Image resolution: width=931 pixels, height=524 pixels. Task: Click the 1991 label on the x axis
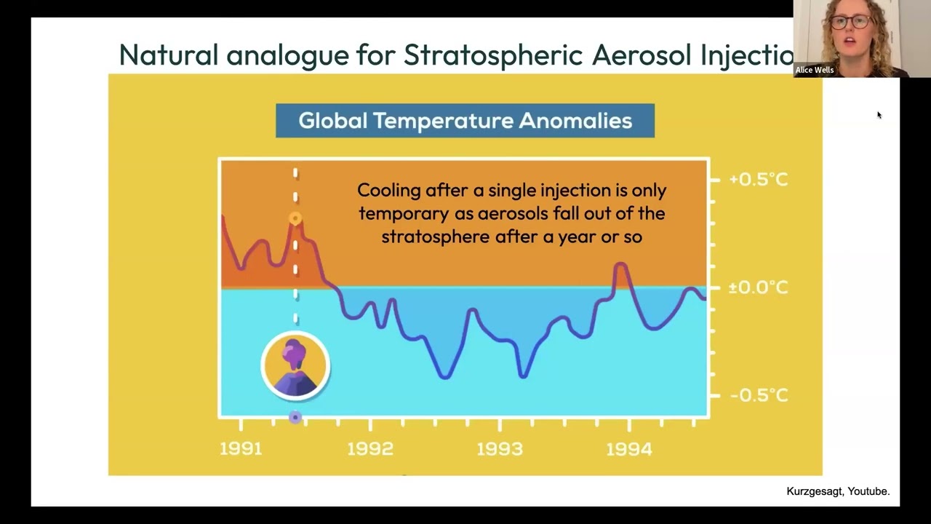[241, 449]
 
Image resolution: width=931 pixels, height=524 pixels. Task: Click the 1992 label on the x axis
[370, 449]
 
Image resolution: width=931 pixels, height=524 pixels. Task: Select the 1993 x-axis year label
[500, 449]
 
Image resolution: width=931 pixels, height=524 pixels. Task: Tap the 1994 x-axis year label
[629, 449]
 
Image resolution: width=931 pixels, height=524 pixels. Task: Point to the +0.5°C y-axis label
[758, 179]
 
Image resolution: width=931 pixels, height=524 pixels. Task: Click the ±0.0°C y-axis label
[758, 287]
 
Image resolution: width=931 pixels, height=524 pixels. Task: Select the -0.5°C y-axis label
[758, 395]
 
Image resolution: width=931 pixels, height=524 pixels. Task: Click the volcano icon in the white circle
[295, 366]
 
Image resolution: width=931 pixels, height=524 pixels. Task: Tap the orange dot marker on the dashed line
[295, 218]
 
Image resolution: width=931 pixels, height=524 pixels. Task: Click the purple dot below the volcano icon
[295, 418]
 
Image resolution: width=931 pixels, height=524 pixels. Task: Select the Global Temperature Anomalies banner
[465, 121]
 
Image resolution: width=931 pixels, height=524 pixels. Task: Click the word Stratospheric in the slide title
[493, 55]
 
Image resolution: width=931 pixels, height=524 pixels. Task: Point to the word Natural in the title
[168, 55]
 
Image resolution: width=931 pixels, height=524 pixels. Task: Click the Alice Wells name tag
[814, 70]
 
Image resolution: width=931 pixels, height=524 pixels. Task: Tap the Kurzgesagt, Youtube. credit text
[838, 492]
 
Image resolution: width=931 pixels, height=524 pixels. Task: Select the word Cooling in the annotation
[389, 190]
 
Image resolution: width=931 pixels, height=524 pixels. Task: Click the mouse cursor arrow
[879, 115]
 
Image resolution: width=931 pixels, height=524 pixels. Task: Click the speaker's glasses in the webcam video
[850, 22]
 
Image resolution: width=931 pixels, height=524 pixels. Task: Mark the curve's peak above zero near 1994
[620, 266]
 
